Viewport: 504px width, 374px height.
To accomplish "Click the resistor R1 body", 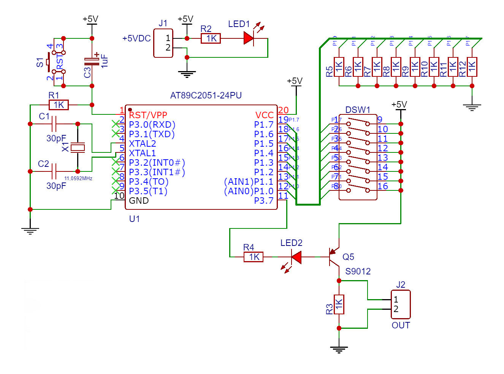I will point(59,105).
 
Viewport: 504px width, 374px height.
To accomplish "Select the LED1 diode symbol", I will point(249,38).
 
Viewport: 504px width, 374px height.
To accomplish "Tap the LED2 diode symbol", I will point(296,257).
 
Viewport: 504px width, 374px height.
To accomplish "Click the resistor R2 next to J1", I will point(211,38).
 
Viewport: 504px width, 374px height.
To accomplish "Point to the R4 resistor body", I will point(254,257).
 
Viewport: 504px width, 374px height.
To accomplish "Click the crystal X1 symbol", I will point(78,147).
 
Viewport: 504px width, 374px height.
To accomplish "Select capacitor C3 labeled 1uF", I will point(92,62).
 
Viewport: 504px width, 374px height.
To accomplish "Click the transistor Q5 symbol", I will point(335,257).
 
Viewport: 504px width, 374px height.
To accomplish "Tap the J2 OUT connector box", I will point(401,304).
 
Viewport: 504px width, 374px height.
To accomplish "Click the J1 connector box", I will point(163,43).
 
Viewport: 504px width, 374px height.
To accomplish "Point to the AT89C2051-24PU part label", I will point(206,95).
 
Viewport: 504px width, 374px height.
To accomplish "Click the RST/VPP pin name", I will point(148,115).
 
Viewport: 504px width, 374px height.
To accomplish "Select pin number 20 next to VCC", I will point(283,110).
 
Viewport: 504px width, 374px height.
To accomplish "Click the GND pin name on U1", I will point(139,201).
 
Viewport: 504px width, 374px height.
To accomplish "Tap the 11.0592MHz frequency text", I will point(78,178).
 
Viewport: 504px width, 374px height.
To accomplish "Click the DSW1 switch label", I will point(357,110).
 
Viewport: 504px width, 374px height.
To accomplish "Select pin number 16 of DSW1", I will point(382,186).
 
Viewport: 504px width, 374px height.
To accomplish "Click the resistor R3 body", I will point(339,304).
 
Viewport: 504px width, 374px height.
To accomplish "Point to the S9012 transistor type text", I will point(358,271).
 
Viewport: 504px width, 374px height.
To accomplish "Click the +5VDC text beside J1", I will point(136,39).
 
